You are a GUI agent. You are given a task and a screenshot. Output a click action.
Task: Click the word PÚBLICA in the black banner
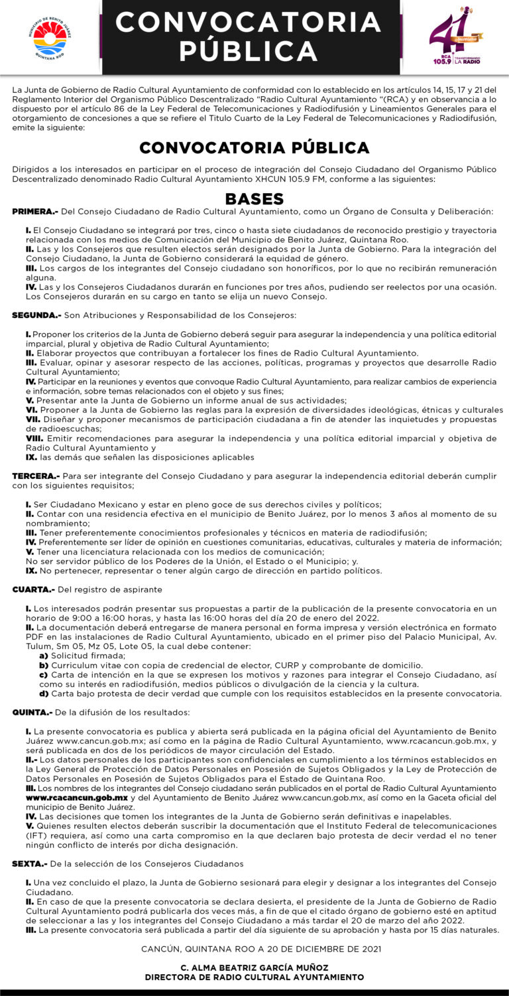[x=249, y=51]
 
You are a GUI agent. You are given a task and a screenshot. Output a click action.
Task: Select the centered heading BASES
[x=254, y=199]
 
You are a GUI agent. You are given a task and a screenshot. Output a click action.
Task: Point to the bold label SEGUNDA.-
[x=36, y=315]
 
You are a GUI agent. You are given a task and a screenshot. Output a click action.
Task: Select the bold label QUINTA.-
[x=32, y=712]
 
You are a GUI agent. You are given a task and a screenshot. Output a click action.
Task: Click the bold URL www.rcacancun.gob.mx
[x=77, y=797]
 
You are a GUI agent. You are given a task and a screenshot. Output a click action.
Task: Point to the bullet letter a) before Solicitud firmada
[x=44, y=655]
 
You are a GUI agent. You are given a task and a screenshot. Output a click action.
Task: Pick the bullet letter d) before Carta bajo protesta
[x=44, y=693]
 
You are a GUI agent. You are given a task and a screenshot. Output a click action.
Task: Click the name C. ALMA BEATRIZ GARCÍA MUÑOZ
[x=254, y=967]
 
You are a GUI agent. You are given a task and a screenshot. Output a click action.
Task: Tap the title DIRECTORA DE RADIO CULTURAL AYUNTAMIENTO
[x=254, y=977]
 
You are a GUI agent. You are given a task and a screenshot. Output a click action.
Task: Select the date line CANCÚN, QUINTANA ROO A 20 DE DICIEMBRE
[x=261, y=949]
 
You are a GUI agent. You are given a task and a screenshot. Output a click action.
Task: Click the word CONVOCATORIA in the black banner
[x=249, y=22]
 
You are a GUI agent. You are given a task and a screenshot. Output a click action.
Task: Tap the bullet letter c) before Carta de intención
[x=44, y=674]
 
